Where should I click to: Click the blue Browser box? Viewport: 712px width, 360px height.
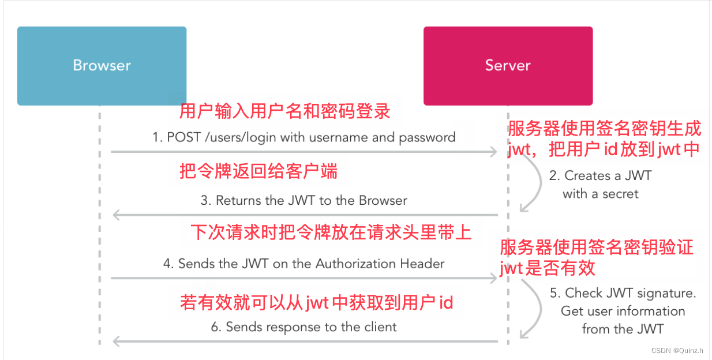(x=102, y=66)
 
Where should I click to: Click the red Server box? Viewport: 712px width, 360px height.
(x=508, y=66)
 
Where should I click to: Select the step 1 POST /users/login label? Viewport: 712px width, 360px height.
(x=303, y=137)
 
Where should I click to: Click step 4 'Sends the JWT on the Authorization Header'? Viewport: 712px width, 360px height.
(x=303, y=264)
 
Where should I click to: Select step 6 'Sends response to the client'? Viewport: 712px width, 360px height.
(x=303, y=327)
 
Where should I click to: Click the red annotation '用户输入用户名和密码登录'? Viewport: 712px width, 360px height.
(x=285, y=111)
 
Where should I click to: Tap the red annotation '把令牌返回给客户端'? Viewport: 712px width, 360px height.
(x=258, y=171)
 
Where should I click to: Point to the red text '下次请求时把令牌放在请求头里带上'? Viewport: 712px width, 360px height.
(x=331, y=232)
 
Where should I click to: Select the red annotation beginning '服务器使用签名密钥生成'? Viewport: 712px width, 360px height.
(x=604, y=139)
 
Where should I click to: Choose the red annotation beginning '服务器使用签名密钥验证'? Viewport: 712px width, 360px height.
(x=596, y=258)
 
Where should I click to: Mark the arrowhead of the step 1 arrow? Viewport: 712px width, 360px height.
(x=493, y=152)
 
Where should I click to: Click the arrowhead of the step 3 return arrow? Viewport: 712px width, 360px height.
(x=117, y=215)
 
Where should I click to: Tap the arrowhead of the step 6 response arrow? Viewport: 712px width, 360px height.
(x=117, y=342)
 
